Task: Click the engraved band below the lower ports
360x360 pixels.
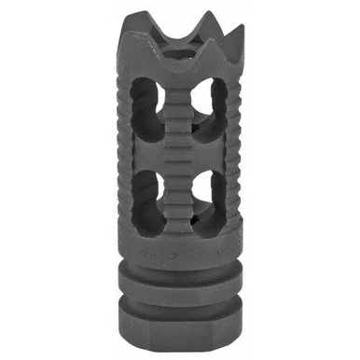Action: pyautogui.click(x=181, y=250)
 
